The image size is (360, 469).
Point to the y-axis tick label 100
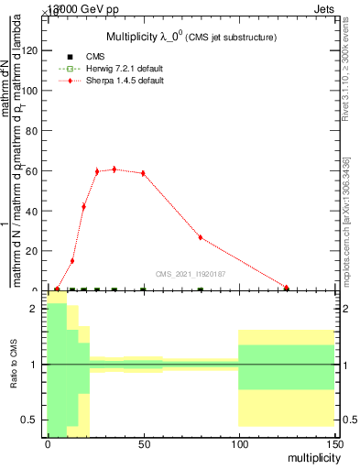[x=32, y=91]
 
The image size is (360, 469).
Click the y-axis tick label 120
[x=32, y=51]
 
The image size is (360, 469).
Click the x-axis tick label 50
[x=143, y=444]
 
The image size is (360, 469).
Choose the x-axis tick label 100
[x=238, y=444]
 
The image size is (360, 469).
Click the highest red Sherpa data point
[x=114, y=169]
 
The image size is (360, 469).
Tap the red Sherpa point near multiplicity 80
[x=201, y=237]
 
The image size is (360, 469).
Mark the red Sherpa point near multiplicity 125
[x=286, y=288]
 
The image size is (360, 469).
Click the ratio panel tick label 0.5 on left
[x=33, y=420]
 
